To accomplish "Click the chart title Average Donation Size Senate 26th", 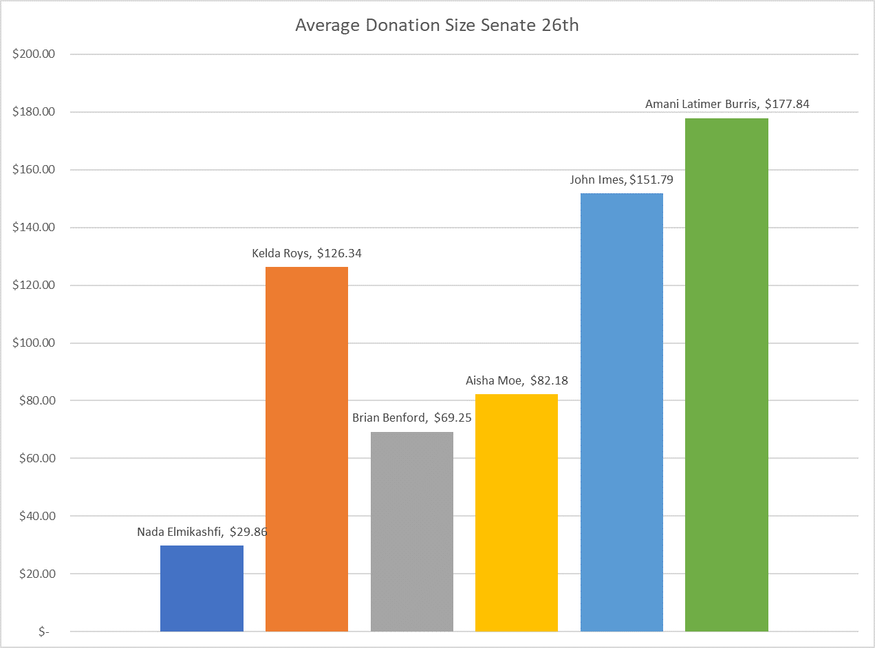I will click(437, 25).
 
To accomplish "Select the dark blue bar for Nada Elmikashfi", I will click(202, 588).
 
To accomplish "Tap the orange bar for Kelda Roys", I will click(306, 449).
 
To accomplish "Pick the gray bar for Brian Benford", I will click(411, 531).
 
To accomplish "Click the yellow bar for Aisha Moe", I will click(517, 512).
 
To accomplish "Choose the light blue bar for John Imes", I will click(622, 412).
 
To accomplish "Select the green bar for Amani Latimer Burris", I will click(726, 375).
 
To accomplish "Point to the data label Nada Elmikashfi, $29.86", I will click(202, 532).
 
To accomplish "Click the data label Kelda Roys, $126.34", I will click(307, 253).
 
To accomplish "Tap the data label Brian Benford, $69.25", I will click(411, 418).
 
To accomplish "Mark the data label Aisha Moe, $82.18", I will click(517, 380).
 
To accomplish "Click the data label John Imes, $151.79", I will click(621, 180).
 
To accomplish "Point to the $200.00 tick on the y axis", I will click(34, 54).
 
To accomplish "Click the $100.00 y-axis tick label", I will click(34, 343).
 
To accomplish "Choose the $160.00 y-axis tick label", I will click(34, 170).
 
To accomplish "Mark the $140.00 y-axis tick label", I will click(34, 227).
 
